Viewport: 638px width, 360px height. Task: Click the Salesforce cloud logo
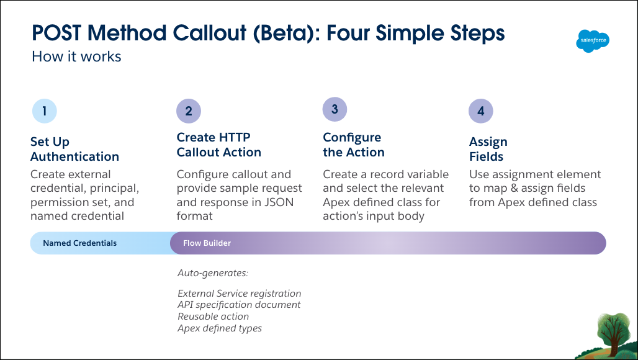pos(593,41)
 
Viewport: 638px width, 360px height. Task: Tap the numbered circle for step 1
pos(44,111)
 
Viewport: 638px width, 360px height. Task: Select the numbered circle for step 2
pos(189,111)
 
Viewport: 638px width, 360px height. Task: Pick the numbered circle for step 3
pos(335,109)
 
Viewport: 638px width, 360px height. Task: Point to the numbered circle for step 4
pos(480,111)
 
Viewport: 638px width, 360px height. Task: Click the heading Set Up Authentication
pos(74,149)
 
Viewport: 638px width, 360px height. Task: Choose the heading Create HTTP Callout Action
pos(219,145)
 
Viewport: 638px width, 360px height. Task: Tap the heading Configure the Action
pos(354,145)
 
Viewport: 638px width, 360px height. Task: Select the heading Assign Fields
pos(488,149)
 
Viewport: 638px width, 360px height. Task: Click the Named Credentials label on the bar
pos(79,243)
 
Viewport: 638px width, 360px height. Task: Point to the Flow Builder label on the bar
pos(207,243)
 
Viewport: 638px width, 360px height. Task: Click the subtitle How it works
pos(76,56)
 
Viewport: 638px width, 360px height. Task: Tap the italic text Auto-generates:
pos(213,273)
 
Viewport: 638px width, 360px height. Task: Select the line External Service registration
pos(240,294)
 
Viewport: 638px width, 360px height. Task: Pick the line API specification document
pos(239,305)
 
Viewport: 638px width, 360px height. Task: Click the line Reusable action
pos(213,317)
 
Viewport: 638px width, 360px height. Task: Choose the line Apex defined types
pos(220,328)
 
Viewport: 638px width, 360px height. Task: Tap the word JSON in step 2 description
pos(279,202)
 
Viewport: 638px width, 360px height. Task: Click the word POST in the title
pos(56,33)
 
